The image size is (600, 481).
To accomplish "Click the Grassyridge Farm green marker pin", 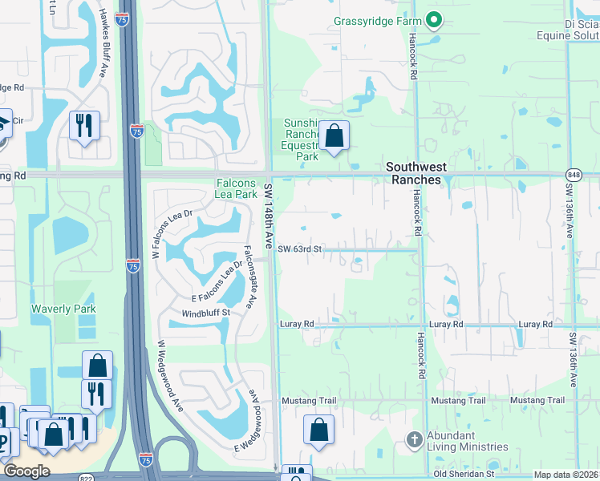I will coord(434,19).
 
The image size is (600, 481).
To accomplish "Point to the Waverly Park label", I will coord(63,309).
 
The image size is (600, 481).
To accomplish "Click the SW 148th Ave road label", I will coord(270,214).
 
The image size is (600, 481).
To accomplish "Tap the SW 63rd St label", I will coord(299,249).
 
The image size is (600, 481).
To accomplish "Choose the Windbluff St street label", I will coord(205,313).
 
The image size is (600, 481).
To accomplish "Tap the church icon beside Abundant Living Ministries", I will coord(414,439).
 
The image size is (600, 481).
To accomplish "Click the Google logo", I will coord(26,471).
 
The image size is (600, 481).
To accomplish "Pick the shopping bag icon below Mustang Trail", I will coord(318,429).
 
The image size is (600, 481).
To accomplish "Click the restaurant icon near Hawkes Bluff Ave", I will coord(84,125).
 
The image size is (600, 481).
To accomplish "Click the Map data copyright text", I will coord(566,475).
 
